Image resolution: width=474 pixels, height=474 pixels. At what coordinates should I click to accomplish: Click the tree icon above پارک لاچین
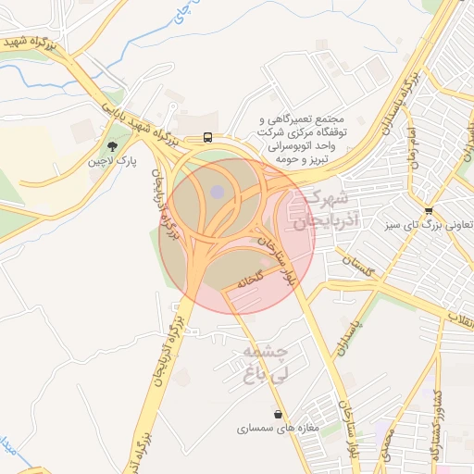point(113,145)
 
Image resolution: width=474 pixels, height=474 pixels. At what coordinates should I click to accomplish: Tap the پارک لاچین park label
point(113,161)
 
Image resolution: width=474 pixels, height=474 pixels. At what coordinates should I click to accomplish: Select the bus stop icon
point(206,138)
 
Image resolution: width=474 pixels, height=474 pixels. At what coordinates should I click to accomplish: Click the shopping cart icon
point(427,209)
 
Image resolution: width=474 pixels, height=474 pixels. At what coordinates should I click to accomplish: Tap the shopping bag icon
point(278,414)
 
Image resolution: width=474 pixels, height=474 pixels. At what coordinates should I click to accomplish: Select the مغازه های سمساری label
point(278,430)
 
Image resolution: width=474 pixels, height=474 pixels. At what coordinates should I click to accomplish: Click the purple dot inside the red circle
point(217,192)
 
